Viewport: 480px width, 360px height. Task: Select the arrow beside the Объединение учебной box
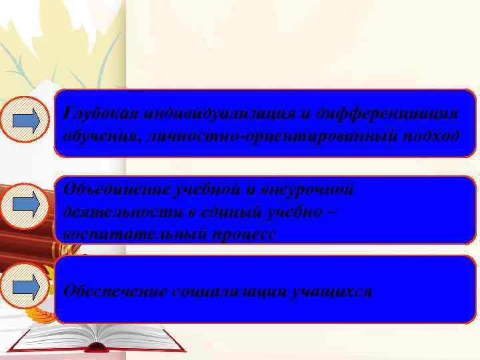[x=27, y=201]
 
